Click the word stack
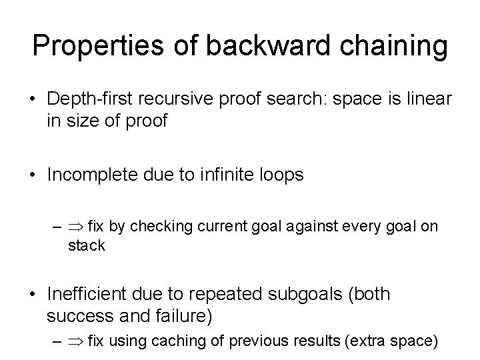point(86,245)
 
